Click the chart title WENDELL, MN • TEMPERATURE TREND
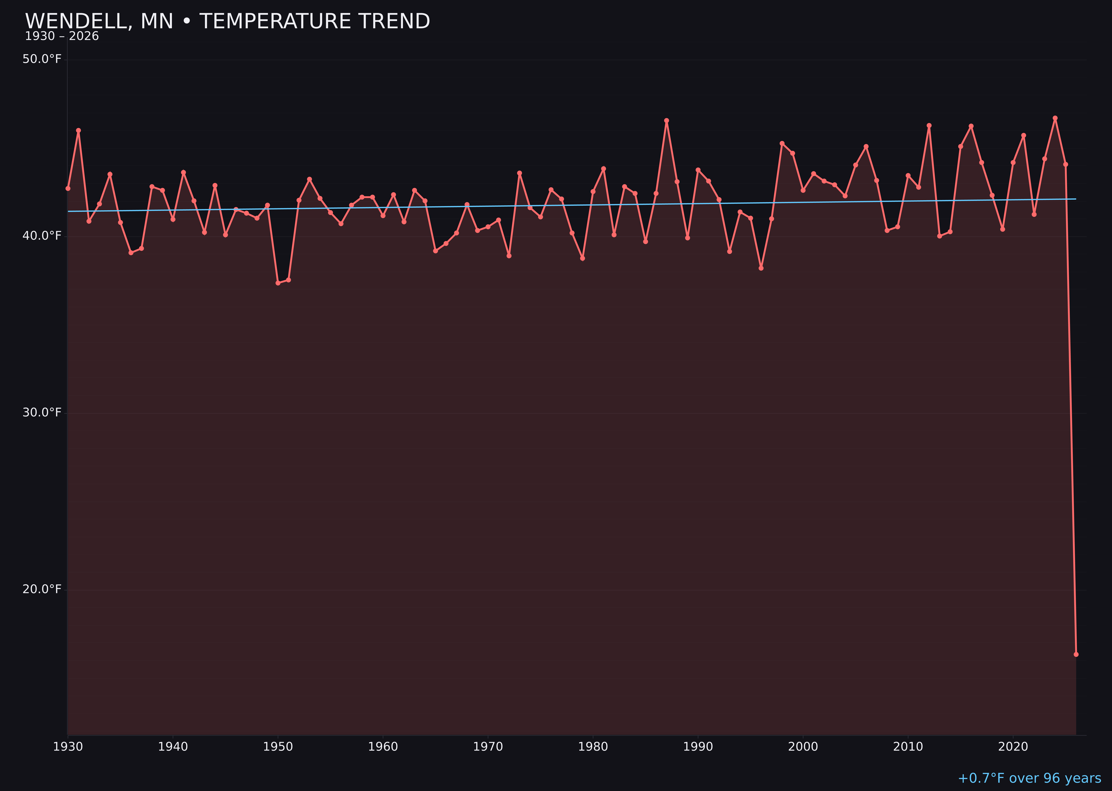point(227,21)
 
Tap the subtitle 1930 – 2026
point(62,36)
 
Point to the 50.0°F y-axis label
point(42,59)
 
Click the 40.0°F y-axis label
point(42,236)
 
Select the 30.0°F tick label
point(42,412)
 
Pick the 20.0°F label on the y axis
point(42,589)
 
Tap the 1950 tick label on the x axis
point(278,747)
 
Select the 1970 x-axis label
point(488,747)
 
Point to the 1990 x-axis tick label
point(698,747)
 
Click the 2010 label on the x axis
point(908,747)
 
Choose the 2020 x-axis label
point(1013,747)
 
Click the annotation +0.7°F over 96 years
point(1029,778)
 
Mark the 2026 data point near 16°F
point(1076,654)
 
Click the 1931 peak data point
point(78,130)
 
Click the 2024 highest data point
point(1055,118)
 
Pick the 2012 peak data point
point(929,126)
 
